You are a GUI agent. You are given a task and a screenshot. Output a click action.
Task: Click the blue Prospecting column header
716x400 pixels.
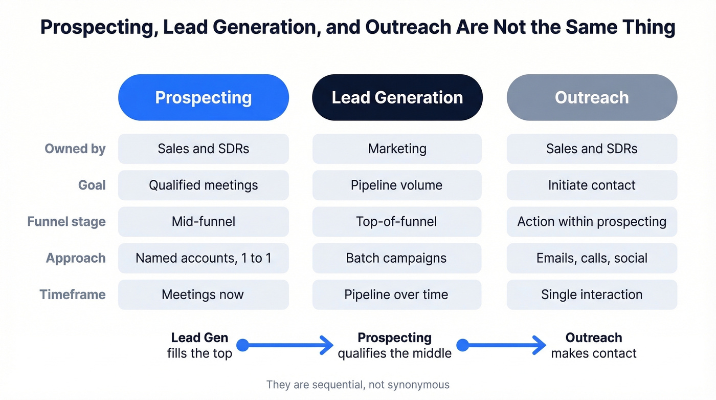pos(204,97)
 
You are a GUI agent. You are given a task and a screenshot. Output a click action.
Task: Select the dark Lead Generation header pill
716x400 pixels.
pos(397,97)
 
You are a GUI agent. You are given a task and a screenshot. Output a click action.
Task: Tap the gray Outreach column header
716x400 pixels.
pos(592,97)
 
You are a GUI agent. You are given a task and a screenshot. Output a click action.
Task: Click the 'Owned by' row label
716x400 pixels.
pos(75,149)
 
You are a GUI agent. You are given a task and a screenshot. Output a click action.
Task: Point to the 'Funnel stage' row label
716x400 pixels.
pos(66,222)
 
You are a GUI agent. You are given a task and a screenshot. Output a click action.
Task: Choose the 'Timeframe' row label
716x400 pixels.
pos(73,294)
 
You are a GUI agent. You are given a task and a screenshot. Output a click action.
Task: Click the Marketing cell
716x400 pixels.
pos(397,149)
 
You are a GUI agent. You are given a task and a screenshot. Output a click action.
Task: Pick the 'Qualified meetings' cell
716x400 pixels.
pos(204,185)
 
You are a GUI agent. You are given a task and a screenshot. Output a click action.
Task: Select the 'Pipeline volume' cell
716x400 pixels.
pos(397,185)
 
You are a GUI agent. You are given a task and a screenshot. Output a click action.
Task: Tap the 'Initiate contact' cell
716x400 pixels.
pos(592,185)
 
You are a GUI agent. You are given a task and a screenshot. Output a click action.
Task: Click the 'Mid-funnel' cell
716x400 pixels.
pos(204,222)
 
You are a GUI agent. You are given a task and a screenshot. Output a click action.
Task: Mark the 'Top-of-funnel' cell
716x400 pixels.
pos(397,222)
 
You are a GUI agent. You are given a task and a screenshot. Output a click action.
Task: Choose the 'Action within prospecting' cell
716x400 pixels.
pos(592,222)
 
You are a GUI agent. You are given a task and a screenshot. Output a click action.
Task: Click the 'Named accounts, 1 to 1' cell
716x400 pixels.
pos(204,258)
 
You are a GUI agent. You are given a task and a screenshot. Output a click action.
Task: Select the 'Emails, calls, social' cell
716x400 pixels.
pos(592,258)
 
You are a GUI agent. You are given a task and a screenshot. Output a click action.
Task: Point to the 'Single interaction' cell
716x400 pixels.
pos(592,294)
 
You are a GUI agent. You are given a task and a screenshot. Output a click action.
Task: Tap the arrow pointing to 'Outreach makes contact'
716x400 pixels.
pos(504,345)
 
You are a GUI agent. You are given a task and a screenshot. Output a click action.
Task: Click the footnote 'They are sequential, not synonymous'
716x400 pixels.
pos(358,385)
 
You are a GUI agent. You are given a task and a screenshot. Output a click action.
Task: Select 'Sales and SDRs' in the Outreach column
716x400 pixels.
pos(592,149)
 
